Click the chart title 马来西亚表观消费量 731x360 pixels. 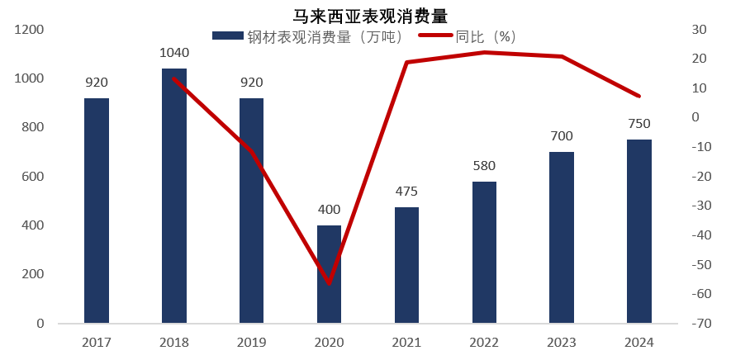pyautogui.click(x=365, y=15)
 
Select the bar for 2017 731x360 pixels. pyautogui.click(x=97, y=211)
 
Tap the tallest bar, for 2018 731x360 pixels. pyautogui.click(x=174, y=196)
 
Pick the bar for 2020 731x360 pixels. pyautogui.click(x=330, y=274)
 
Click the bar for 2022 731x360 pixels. pyautogui.click(x=484, y=252)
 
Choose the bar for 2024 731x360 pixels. pyautogui.click(x=639, y=231)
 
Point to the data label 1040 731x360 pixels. pyautogui.click(x=174, y=54)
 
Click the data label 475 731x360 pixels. pyautogui.click(x=406, y=192)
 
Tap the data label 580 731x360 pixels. pyautogui.click(x=484, y=166)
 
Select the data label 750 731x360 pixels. pyautogui.click(x=639, y=124)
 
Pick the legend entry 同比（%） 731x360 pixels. pyautogui.click(x=468, y=36)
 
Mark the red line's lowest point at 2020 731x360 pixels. pyautogui.click(x=330, y=283)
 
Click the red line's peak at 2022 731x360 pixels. pyautogui.click(x=484, y=52)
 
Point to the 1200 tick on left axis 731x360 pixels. pyautogui.click(x=31, y=30)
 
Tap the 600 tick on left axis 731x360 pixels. pyautogui.click(x=34, y=177)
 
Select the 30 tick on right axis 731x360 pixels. pyautogui.click(x=698, y=30)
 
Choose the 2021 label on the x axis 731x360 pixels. pyautogui.click(x=406, y=342)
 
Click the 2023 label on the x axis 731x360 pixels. pyautogui.click(x=562, y=342)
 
